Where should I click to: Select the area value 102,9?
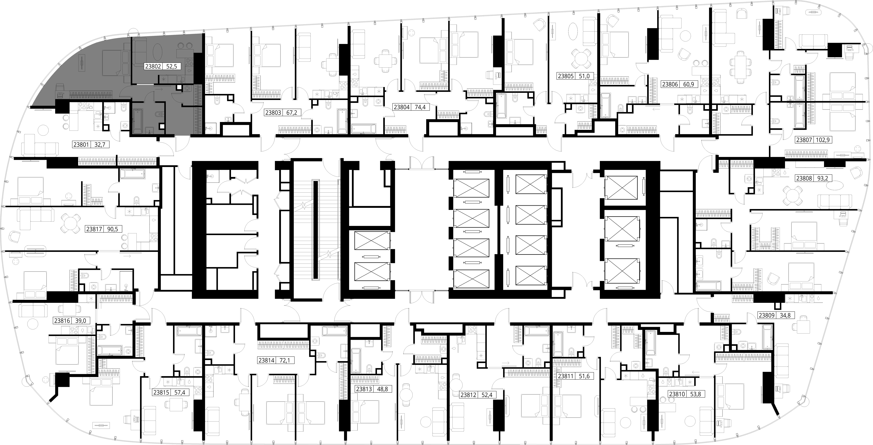(x=823, y=140)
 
